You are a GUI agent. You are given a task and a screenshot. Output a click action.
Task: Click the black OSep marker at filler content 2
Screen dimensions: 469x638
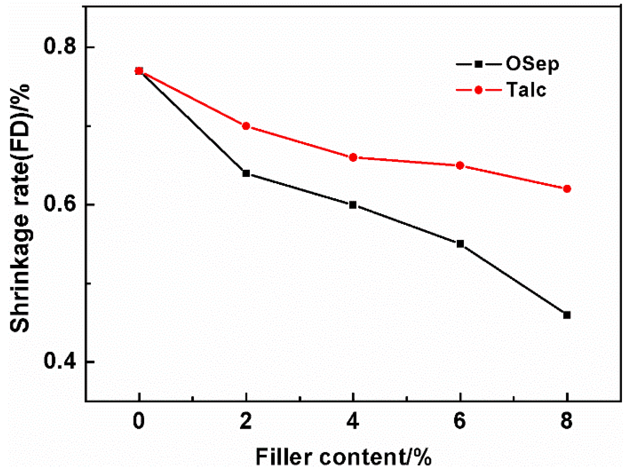point(246,173)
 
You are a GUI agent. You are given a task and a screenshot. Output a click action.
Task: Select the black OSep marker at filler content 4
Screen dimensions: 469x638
point(353,205)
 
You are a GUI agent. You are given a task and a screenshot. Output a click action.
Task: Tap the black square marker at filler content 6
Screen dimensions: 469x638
point(460,244)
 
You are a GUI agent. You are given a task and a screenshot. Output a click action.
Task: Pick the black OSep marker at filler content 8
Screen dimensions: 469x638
point(567,315)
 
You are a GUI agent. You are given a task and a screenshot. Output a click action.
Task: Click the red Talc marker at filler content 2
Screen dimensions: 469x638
point(246,126)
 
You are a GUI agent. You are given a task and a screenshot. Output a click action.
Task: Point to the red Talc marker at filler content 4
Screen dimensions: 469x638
point(353,158)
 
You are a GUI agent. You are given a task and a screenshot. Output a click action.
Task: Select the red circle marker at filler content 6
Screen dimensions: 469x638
point(460,166)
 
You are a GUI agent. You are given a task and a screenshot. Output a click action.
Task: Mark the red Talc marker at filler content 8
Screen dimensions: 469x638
point(567,189)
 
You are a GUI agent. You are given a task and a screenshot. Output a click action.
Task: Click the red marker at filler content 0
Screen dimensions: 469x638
point(139,71)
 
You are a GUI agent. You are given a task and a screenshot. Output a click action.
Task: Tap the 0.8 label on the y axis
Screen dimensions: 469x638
point(60,47)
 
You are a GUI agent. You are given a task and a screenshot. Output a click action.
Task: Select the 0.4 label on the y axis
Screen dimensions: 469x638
point(60,361)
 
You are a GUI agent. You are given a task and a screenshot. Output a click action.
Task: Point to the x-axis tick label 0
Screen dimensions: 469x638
point(139,421)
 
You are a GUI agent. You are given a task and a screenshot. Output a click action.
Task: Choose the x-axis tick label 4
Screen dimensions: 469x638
point(353,421)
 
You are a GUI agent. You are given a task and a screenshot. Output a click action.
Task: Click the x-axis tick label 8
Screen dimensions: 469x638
point(567,421)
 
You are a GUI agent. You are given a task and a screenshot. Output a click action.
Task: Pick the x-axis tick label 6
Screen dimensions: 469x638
point(460,421)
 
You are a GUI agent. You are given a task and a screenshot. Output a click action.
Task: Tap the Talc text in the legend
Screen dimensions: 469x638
point(526,90)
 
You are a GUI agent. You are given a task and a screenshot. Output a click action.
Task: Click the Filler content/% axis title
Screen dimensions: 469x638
point(343,457)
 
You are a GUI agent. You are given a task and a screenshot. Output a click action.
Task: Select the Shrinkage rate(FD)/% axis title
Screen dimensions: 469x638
point(20,208)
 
